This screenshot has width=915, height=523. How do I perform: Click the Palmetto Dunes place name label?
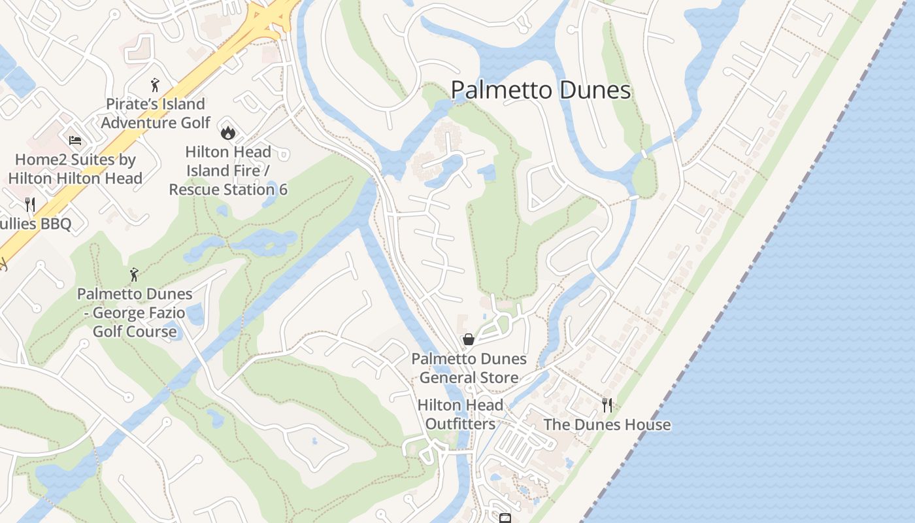tap(541, 90)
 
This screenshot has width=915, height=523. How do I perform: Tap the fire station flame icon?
tap(227, 133)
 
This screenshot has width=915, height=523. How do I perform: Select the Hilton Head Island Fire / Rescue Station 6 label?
tap(228, 171)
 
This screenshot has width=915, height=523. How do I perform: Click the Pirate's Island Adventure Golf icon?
tap(155, 85)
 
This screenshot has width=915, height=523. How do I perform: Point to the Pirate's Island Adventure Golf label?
tap(156, 114)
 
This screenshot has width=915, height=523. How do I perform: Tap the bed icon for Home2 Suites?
tap(75, 141)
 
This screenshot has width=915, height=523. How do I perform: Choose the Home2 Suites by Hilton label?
tap(75, 169)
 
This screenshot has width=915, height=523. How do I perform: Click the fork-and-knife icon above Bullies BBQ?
tap(29, 205)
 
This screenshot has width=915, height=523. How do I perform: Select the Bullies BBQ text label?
tap(35, 224)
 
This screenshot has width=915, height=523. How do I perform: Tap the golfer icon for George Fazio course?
tap(135, 275)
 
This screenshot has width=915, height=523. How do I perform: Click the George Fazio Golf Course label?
tap(135, 312)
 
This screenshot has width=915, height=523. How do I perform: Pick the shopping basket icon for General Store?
tap(469, 339)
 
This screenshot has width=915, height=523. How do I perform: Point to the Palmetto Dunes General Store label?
tap(469, 368)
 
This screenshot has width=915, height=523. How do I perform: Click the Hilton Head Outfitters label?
tap(460, 414)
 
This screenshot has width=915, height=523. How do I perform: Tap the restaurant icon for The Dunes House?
tap(607, 405)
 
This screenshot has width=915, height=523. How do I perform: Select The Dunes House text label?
tap(607, 425)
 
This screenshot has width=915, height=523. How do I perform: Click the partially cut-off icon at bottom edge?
tap(505, 518)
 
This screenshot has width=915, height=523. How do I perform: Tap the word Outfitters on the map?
tap(460, 424)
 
